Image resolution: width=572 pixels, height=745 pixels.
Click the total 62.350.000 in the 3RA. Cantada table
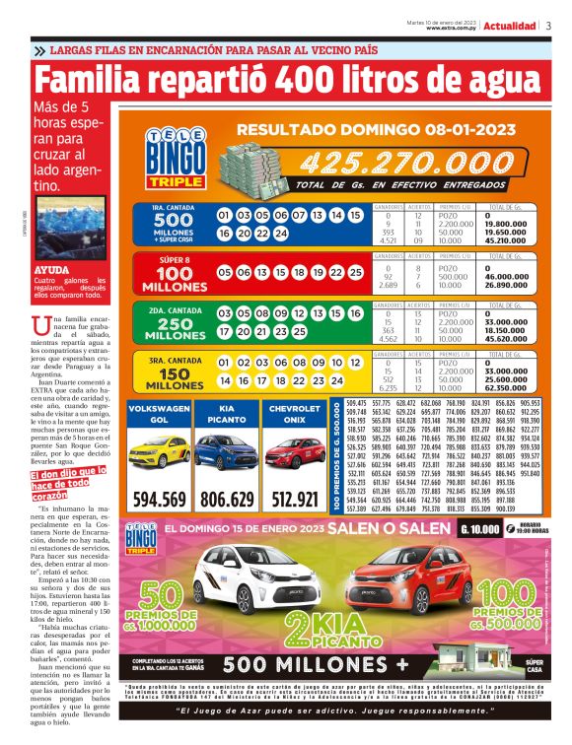click(511, 388)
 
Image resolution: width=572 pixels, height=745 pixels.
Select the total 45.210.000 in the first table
click(511, 237)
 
